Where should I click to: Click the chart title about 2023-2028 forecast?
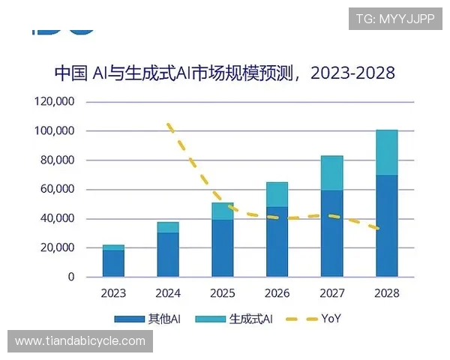pos(224,73)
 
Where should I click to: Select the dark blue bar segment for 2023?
pos(113,263)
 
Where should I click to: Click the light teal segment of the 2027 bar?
pos(331,173)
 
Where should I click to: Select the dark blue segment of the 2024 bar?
pos(168,254)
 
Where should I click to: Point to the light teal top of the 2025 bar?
pos(223,211)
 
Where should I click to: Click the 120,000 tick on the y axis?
pos(54,101)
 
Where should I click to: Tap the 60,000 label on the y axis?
pos(57,189)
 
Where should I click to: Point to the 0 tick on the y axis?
pos(70,277)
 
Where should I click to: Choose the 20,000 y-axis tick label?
pos(57,247)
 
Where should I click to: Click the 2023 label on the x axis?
pos(113,292)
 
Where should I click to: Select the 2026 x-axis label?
pos(277,292)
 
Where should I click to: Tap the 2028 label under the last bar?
pos(387,292)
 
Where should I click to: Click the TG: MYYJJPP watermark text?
pos(395,19)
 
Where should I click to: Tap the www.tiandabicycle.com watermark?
pos(80,341)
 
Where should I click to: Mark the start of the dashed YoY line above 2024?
pos(169,124)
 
